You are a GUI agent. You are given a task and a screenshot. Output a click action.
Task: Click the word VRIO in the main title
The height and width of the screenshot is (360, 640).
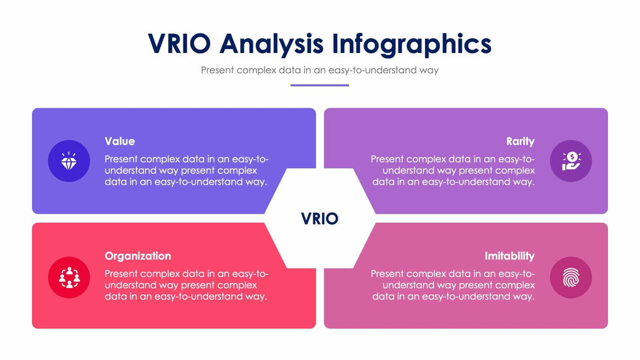click(179, 44)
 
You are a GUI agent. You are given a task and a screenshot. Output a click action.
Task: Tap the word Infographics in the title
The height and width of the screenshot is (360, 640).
click(412, 44)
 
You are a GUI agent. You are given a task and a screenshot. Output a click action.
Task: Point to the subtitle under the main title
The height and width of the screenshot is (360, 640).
click(319, 70)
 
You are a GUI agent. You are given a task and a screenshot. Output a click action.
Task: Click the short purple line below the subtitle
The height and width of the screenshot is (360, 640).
click(319, 86)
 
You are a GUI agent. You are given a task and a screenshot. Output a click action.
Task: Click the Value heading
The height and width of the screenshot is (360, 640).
click(120, 141)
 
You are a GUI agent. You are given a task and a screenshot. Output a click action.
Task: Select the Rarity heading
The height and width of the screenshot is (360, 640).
click(520, 141)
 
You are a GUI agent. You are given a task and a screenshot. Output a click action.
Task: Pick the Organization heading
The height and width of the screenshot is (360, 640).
click(138, 256)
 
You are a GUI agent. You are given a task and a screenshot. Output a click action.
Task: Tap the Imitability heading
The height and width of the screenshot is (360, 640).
click(509, 256)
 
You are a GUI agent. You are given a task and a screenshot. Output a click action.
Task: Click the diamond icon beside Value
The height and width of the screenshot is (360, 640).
click(69, 161)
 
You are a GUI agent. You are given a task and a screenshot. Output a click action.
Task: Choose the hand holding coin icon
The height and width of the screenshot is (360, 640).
click(571, 161)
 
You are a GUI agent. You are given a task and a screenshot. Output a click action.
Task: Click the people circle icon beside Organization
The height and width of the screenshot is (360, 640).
click(69, 278)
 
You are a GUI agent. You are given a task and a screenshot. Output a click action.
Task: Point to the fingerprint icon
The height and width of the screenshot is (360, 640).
click(571, 278)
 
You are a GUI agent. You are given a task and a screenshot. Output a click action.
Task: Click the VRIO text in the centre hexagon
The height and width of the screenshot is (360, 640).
click(319, 219)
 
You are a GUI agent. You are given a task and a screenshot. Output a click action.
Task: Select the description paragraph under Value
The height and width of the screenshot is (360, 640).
click(187, 171)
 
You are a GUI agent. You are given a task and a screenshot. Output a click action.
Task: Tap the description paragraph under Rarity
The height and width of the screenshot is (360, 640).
click(453, 171)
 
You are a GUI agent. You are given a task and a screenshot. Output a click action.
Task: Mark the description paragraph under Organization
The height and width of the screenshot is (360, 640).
click(187, 285)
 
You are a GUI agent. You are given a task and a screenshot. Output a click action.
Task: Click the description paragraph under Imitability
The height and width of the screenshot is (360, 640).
click(453, 285)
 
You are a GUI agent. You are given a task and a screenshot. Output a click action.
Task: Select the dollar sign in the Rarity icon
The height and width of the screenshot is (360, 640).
click(572, 156)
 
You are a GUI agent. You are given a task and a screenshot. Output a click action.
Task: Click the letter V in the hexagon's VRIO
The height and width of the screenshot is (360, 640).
click(306, 219)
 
